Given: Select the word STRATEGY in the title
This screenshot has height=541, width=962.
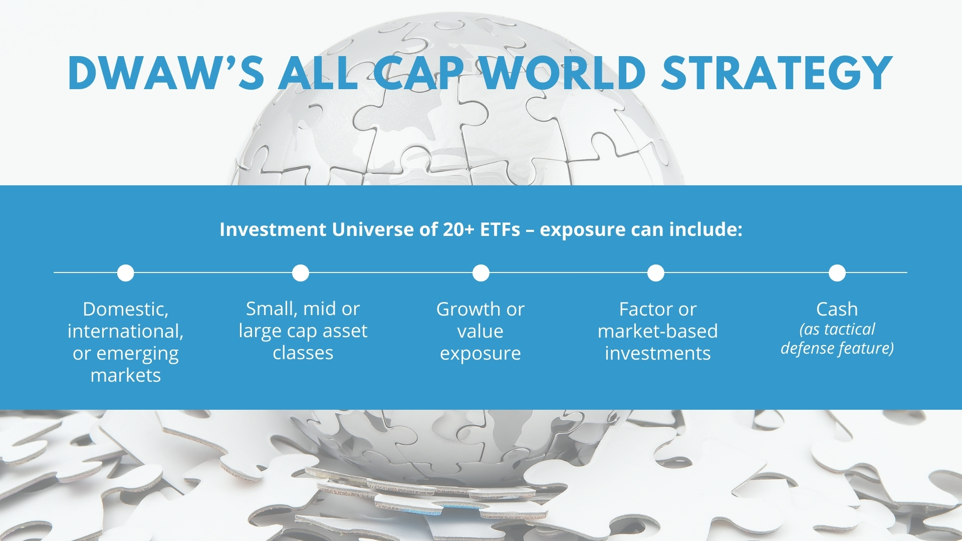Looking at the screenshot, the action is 777,73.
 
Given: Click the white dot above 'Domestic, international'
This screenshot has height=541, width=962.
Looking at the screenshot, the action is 126,273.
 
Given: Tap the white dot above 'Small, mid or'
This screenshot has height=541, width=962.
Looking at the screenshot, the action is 301,273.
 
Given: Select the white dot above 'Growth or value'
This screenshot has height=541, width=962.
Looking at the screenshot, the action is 481,273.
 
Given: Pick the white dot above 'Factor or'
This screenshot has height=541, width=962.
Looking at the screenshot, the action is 656,273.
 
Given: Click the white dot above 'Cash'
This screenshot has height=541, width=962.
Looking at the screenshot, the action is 837,273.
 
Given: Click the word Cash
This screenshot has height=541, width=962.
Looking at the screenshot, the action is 837,309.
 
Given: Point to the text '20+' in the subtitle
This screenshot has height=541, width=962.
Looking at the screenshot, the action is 458,229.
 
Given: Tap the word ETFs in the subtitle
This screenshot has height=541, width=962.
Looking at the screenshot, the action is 500,229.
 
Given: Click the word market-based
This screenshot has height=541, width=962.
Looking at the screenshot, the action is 658,331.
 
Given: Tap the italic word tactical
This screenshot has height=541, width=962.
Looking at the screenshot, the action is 850,329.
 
